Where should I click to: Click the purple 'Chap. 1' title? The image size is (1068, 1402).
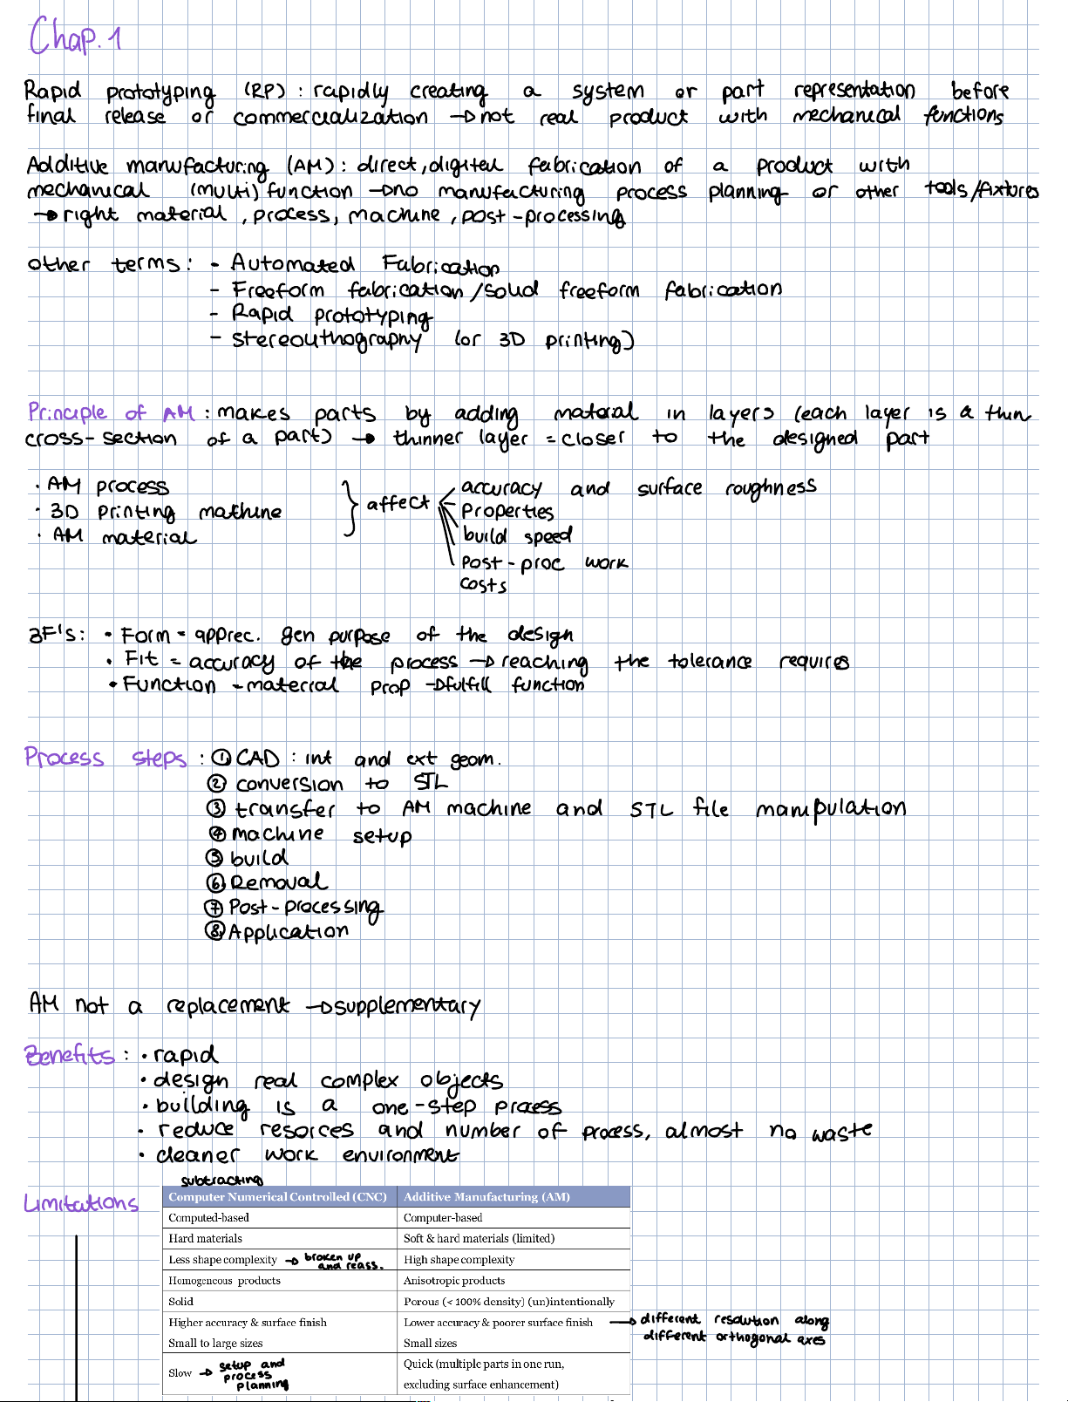[76, 38]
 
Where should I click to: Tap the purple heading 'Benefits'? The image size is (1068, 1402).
[70, 1056]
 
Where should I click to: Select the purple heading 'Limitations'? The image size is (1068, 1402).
[81, 1203]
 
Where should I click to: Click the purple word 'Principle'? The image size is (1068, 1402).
[67, 412]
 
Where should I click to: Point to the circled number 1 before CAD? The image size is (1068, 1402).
[222, 758]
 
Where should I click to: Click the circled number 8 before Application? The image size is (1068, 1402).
[214, 931]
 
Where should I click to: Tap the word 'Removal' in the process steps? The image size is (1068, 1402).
[279, 881]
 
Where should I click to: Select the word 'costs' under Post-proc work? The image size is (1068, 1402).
[484, 585]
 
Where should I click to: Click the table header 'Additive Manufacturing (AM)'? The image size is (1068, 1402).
[486, 1197]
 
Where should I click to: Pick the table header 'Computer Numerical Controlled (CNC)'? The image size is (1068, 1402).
[277, 1197]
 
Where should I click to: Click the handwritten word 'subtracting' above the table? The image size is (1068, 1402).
[221, 1180]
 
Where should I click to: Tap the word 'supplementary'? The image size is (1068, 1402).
[401, 1007]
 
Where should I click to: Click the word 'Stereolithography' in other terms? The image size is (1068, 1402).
[327, 339]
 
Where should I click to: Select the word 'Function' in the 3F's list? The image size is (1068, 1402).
[169, 684]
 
